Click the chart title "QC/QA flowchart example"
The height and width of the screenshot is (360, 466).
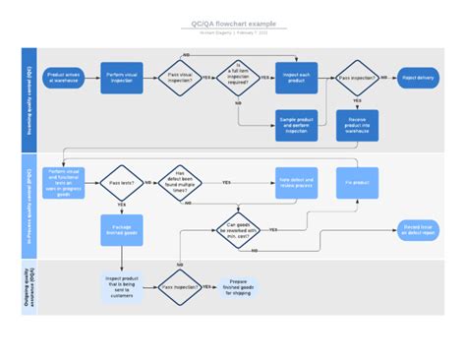[x=233, y=23]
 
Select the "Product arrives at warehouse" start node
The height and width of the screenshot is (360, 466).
[x=64, y=77]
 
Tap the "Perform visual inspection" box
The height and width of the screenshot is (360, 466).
[x=122, y=77]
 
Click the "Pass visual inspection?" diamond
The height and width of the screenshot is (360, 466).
[x=180, y=77]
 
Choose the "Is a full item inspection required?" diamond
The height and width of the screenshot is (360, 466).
[x=238, y=77]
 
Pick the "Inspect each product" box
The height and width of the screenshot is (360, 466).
[x=296, y=77]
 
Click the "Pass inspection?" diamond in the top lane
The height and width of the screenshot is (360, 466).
[x=356, y=77]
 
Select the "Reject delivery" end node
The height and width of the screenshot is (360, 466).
[x=418, y=77]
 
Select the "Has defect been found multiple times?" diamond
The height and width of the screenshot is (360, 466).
[x=180, y=183]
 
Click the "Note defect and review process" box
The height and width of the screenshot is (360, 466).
[x=296, y=183]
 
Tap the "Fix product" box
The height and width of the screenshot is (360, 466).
[x=356, y=183]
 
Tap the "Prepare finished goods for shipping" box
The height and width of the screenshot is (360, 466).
[x=240, y=287]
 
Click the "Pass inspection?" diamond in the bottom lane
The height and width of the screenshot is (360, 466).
[x=180, y=287]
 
